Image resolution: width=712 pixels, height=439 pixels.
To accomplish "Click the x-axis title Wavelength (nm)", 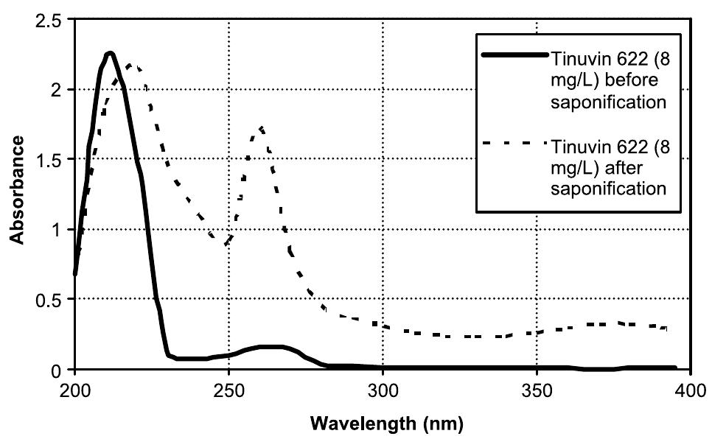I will tap(382, 424).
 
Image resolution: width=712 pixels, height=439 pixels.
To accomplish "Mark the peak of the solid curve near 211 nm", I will tap(109, 53).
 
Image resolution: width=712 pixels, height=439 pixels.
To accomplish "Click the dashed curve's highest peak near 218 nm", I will tap(130, 65).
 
